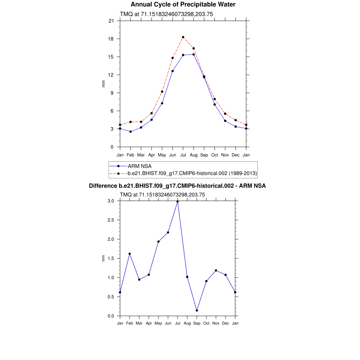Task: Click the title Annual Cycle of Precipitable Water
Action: tap(183, 5)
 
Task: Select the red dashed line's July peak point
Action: tap(183, 37)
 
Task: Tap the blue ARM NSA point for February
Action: tap(130, 131)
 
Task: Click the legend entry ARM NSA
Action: tap(140, 166)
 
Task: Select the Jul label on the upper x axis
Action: tap(183, 155)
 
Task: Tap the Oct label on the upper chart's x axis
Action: tap(214, 155)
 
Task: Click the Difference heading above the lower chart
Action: tap(177, 186)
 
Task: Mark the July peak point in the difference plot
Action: tap(178, 201)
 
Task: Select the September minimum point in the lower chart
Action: tap(197, 310)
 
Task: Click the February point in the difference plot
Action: tap(130, 254)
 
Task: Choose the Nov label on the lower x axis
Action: tap(216, 323)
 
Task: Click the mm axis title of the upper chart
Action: tap(103, 84)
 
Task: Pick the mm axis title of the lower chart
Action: tap(103, 258)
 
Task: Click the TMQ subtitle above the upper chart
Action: tap(166, 14)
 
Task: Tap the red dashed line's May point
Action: tap(162, 92)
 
